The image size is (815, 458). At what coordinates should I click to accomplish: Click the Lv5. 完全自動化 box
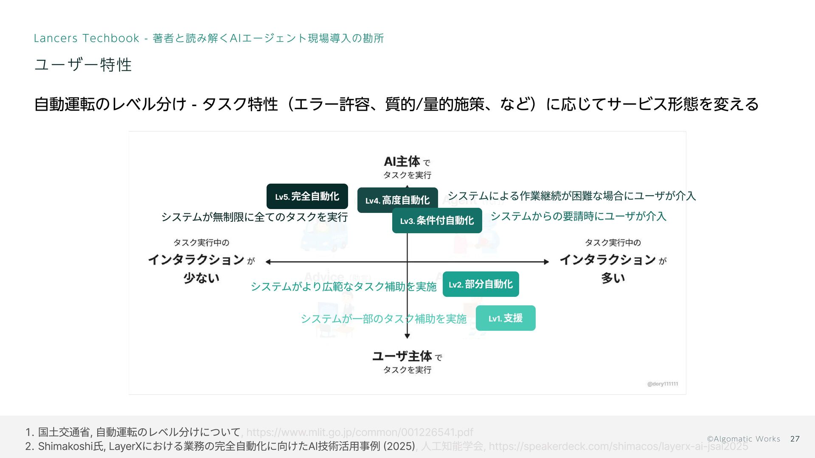[x=307, y=196]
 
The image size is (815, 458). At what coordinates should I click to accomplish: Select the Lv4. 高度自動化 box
[x=397, y=200]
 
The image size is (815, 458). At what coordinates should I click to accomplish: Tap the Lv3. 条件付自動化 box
[x=437, y=221]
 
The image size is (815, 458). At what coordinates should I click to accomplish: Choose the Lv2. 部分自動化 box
[x=481, y=284]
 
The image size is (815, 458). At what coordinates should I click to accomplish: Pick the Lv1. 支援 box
[x=505, y=318]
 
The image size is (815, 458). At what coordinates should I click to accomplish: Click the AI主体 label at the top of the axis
[x=402, y=162]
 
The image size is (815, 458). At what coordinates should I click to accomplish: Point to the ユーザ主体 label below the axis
[x=402, y=356]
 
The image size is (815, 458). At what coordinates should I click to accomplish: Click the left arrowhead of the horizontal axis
[x=268, y=262]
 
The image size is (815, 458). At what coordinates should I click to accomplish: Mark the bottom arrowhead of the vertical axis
[x=407, y=336]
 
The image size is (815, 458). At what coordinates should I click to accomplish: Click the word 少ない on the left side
[x=201, y=278]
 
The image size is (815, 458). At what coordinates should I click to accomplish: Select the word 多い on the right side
[x=613, y=278]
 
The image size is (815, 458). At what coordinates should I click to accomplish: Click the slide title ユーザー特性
[x=83, y=65]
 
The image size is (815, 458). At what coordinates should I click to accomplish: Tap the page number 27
[x=795, y=439]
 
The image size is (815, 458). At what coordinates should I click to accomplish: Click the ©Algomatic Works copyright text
[x=743, y=439]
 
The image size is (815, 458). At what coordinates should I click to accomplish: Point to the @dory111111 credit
[x=662, y=384]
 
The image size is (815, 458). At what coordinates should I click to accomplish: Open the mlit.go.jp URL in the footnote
[x=360, y=432]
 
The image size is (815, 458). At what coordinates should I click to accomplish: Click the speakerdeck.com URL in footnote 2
[x=618, y=446]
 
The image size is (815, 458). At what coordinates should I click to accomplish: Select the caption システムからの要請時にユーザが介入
[x=578, y=216]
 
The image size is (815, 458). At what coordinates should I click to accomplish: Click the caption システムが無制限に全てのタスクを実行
[x=254, y=217]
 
